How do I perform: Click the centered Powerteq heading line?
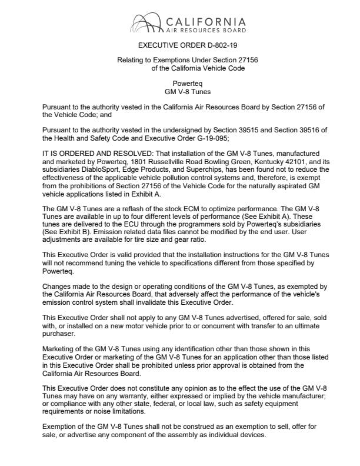(187, 84)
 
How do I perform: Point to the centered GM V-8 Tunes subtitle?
(187, 92)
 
